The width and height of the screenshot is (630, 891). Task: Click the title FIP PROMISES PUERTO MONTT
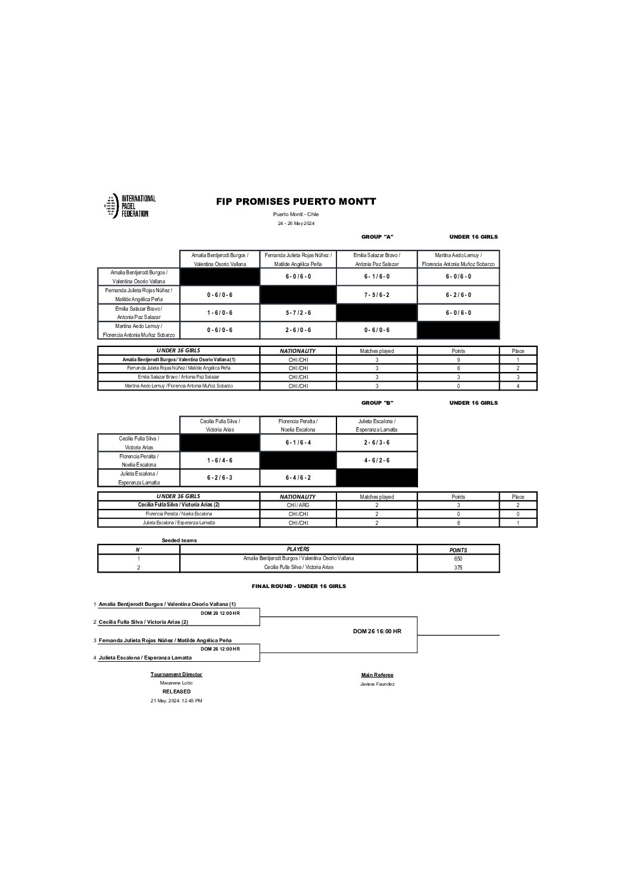click(x=296, y=202)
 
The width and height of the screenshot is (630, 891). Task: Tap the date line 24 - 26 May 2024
click(x=296, y=223)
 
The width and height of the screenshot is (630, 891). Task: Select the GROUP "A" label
click(x=378, y=237)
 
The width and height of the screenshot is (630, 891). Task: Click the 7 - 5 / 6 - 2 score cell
click(x=377, y=295)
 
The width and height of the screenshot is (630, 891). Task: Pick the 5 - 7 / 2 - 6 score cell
click(x=298, y=312)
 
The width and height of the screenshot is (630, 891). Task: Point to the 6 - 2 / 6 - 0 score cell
click(x=459, y=295)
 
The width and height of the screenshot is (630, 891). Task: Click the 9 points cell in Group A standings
click(x=458, y=359)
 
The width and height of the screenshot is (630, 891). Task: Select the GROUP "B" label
click(x=378, y=403)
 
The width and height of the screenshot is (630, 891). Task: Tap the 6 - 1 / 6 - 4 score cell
click(x=298, y=443)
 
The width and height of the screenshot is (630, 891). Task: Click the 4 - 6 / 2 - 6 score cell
click(x=377, y=460)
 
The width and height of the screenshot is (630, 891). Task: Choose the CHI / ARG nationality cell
click(x=298, y=505)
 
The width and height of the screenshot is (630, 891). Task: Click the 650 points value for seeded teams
click(x=458, y=559)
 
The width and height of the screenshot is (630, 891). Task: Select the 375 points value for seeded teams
click(x=458, y=568)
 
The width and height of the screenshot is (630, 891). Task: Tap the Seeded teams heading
click(x=179, y=540)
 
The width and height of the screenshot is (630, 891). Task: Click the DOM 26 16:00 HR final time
click(x=377, y=631)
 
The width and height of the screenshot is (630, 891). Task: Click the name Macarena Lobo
click(x=176, y=683)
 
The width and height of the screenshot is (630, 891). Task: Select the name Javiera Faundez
click(x=377, y=684)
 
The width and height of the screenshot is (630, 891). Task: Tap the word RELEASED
click(x=176, y=692)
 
